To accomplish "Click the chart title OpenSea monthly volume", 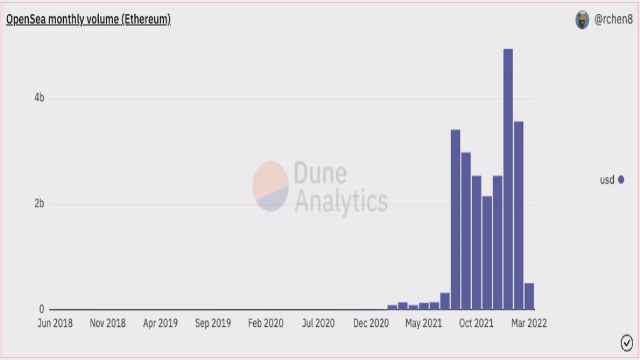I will pos(88,19).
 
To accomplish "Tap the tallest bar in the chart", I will pos(508,179).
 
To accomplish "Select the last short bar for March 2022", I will pos(529,296).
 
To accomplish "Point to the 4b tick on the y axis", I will pos(39,98).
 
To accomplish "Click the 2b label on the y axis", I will pos(39,204).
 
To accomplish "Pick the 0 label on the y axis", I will pos(42,309).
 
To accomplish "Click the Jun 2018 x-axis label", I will pos(55,323).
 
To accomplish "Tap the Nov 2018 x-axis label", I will pos(107,323).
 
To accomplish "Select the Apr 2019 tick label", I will pos(161,323).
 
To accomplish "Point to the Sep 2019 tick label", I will pos(213,323).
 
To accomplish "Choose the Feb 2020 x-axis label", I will pos(266,323).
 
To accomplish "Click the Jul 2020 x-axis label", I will pos(318,323).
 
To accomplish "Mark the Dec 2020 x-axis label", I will pos(371,323).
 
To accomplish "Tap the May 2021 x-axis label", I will pos(424,323).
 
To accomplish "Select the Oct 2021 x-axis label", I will pos(476,323).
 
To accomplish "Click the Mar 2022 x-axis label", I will pos(529,323).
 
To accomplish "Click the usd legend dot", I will pos(621,180).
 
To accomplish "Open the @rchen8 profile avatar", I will pos(582,20).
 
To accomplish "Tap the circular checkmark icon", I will pos(626,342).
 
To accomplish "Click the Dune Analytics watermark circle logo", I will pos(271,186).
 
